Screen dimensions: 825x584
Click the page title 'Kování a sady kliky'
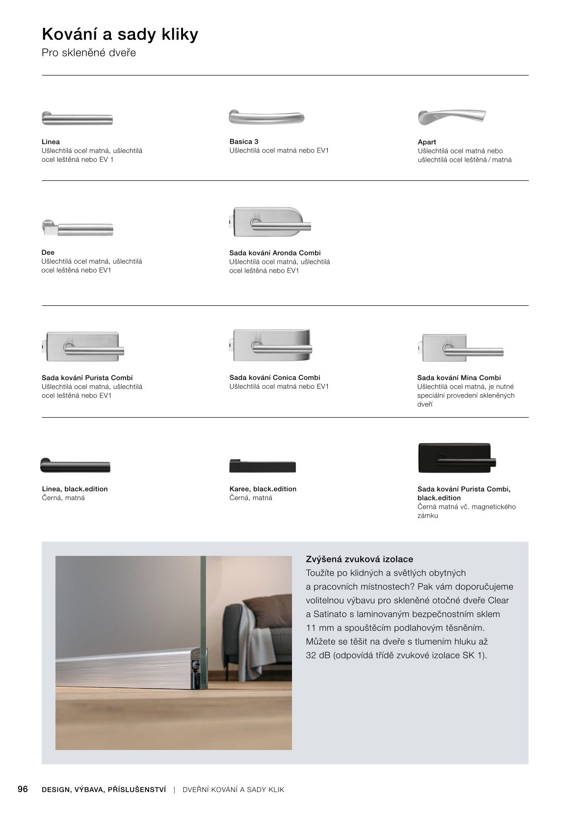pyautogui.click(x=120, y=34)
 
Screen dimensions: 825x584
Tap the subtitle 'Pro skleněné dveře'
pyautogui.click(x=89, y=53)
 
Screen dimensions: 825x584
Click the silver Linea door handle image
pyautogui.click(x=77, y=118)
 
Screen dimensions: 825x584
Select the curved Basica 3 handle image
pyautogui.click(x=266, y=117)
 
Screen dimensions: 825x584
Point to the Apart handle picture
pyautogui.click(x=451, y=117)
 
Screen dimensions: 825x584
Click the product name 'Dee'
pyautogui.click(x=48, y=252)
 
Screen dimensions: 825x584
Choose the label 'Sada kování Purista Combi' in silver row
pyautogui.click(x=87, y=378)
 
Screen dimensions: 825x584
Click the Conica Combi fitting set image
pyautogui.click(x=271, y=345)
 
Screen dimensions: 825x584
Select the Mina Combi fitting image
pyautogui.click(x=460, y=348)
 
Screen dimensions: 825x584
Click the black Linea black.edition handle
pyautogui.click(x=75, y=466)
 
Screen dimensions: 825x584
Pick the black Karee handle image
pyautogui.click(x=263, y=466)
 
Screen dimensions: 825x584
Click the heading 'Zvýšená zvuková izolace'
pyautogui.click(x=359, y=559)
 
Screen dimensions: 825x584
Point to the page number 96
pyautogui.click(x=23, y=789)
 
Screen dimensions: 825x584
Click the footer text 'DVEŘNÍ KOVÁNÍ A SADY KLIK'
pyautogui.click(x=233, y=790)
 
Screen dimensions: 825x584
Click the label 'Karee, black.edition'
pyautogui.click(x=263, y=489)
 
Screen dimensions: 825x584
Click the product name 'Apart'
pyautogui.click(x=427, y=142)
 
